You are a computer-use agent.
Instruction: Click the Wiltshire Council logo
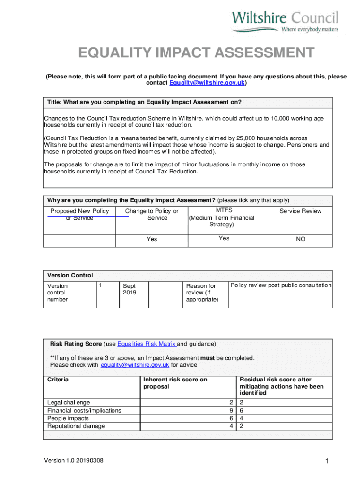pos(285,22)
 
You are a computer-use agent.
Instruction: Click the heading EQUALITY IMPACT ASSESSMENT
pos(196,52)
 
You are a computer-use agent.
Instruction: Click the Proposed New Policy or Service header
pos(79,215)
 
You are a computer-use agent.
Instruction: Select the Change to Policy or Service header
pos(152,215)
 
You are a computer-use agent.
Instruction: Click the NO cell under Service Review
pos(301,239)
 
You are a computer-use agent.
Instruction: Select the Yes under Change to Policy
pos(152,239)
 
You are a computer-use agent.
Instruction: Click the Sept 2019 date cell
pos(130,289)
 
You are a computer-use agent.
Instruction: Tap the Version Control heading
pos(70,275)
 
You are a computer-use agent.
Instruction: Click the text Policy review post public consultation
pos(281,285)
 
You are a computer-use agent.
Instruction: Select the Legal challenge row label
pos(69,402)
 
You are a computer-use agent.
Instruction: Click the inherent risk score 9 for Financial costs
pos(231,410)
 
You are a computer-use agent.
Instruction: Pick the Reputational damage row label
pos(76,426)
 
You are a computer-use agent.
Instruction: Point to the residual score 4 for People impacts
pos(241,418)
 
